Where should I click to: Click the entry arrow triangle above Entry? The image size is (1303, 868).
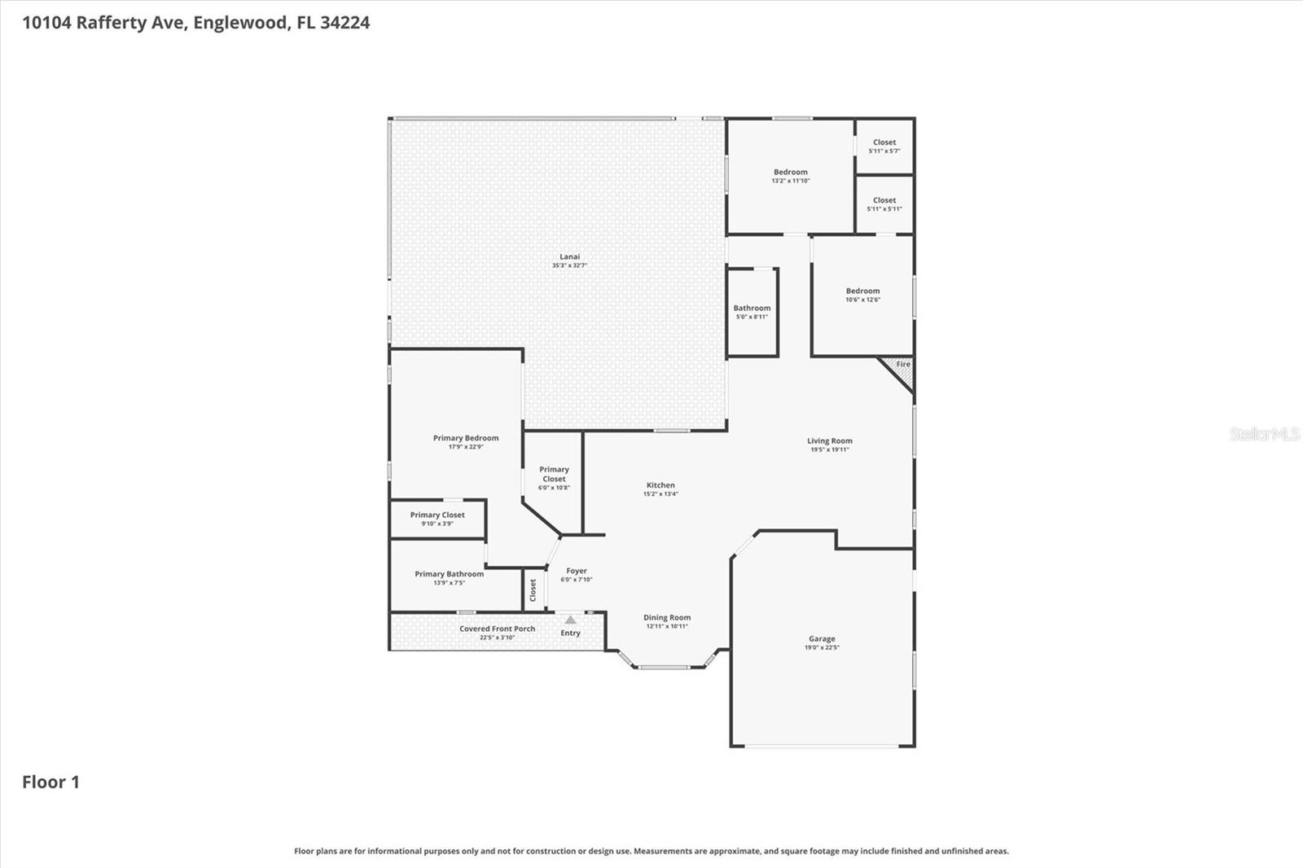click(x=570, y=620)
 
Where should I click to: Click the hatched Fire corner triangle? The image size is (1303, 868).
click(x=902, y=368)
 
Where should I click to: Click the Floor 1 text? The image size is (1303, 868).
click(x=50, y=782)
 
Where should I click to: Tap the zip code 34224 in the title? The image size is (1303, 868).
click(x=344, y=23)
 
